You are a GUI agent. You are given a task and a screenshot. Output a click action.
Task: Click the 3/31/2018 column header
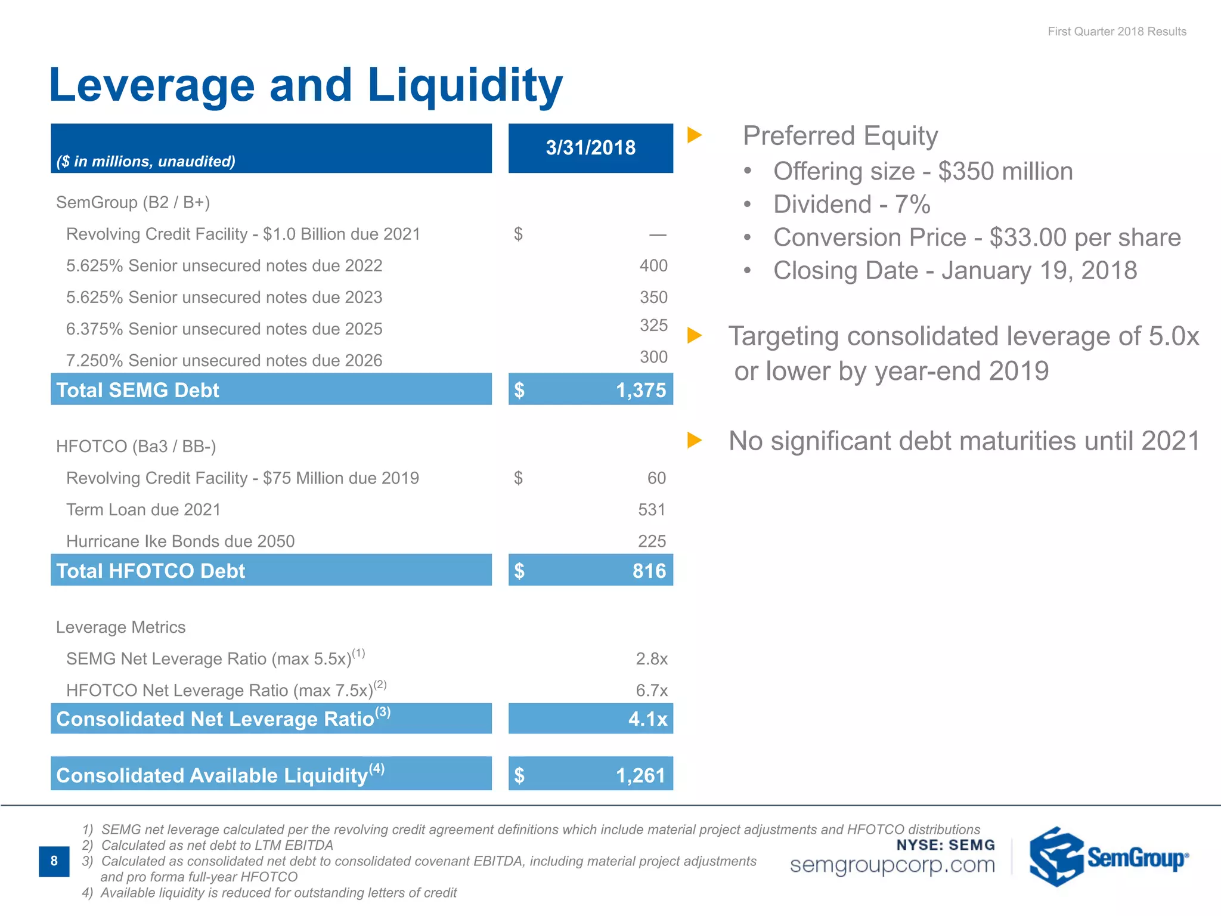[590, 148]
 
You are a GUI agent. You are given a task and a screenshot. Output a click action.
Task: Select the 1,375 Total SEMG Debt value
[640, 390]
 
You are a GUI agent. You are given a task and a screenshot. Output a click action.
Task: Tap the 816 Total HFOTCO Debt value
[649, 571]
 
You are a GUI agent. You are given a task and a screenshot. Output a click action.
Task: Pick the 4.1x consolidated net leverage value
[647, 719]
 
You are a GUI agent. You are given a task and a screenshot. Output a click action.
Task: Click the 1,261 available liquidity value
[640, 775]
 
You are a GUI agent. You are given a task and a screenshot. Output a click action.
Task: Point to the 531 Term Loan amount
[651, 510]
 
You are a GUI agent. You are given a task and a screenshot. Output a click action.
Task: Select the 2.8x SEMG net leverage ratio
[651, 659]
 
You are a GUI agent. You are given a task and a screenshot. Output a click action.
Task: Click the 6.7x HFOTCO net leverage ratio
[651, 691]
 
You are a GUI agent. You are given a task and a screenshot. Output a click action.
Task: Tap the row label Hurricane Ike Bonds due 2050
[180, 541]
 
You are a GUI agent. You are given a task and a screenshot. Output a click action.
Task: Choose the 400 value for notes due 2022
[653, 266]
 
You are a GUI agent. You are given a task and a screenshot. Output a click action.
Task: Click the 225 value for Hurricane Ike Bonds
[652, 541]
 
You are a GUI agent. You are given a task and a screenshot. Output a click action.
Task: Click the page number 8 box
[54, 861]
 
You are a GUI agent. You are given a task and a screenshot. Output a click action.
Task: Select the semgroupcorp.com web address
[892, 865]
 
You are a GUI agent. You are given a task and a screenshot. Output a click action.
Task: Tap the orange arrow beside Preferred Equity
[694, 135]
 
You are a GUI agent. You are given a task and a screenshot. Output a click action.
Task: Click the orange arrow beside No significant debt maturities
[694, 441]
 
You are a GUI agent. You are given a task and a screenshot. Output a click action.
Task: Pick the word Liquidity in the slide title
[464, 85]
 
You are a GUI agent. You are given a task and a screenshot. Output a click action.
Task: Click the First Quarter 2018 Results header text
[1117, 32]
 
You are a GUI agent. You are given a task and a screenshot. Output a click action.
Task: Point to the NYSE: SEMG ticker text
[945, 845]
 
